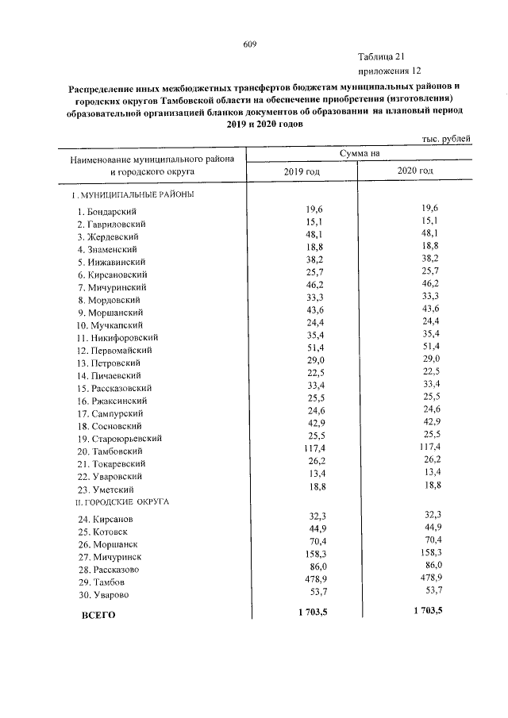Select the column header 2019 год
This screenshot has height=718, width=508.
click(x=302, y=172)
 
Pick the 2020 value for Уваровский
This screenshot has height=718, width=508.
click(x=430, y=475)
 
